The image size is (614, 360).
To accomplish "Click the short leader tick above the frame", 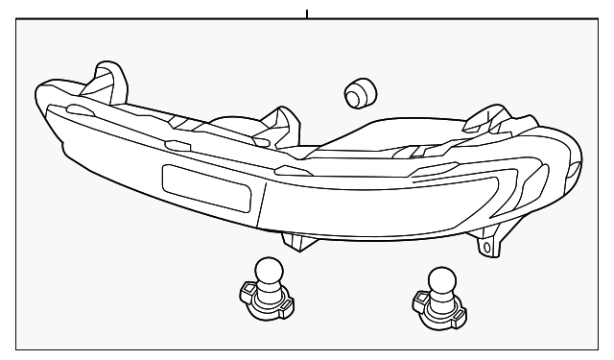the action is [307, 13].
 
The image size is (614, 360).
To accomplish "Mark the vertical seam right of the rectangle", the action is [265, 202].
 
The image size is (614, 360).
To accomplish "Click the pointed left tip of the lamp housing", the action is [35, 91].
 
